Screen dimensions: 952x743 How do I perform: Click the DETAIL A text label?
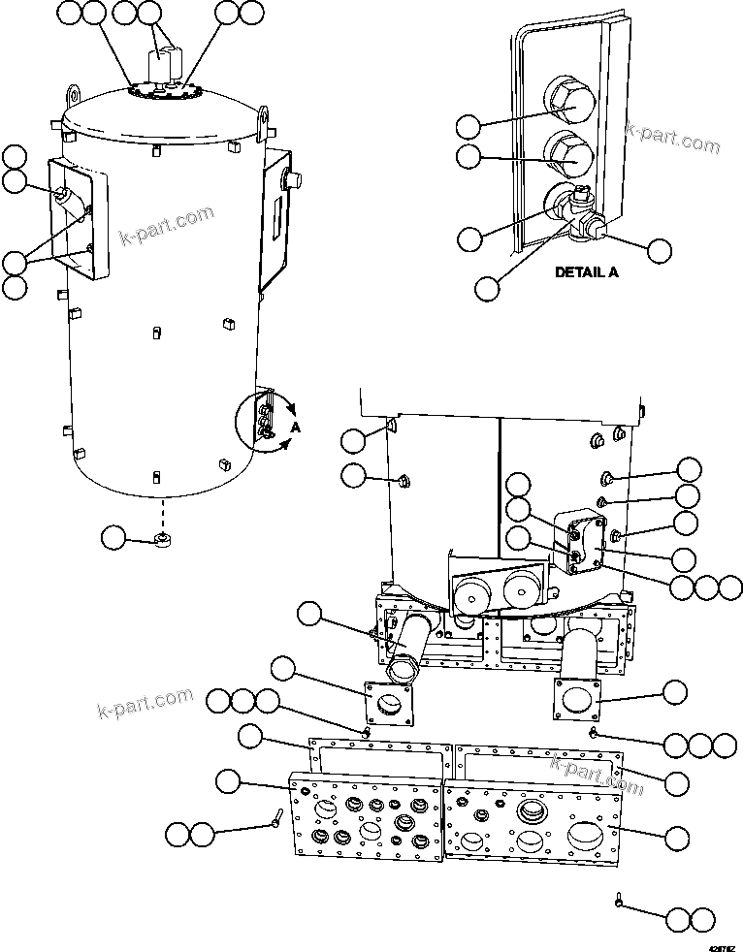click(x=586, y=272)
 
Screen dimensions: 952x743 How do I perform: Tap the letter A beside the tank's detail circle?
click(x=295, y=428)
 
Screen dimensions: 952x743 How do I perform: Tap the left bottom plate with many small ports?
click(x=367, y=815)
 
